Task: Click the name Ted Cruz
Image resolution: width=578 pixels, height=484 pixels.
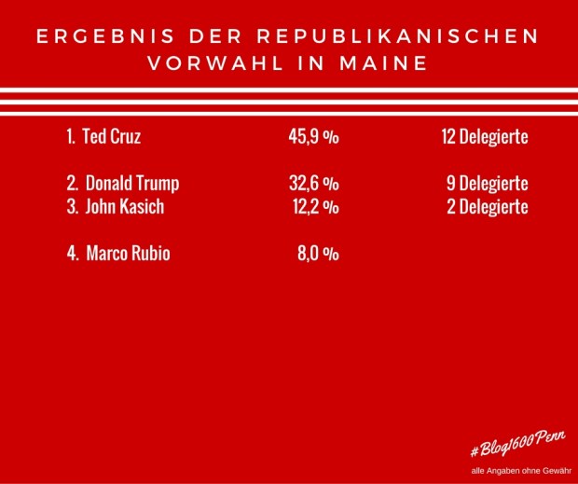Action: (x=112, y=137)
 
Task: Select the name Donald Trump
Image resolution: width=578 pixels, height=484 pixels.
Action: (x=132, y=184)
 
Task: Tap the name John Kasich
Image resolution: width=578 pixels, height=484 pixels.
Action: (x=123, y=207)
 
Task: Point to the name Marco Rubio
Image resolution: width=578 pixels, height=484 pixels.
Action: (x=128, y=254)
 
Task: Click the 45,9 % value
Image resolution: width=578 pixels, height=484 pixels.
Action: (x=313, y=137)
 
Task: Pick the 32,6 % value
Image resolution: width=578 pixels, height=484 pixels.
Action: (x=313, y=184)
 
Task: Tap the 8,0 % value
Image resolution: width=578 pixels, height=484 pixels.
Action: (x=317, y=254)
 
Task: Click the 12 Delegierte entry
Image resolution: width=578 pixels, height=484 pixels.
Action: (x=485, y=137)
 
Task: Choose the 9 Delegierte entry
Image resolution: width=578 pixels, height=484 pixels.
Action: (x=488, y=184)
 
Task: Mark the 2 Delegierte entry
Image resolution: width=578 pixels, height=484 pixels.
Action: (x=488, y=207)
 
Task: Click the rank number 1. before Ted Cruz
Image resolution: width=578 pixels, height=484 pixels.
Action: (x=71, y=137)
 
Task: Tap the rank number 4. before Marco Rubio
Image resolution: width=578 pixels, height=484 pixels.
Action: (x=72, y=254)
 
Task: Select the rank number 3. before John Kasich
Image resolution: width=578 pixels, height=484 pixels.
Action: (x=72, y=207)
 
